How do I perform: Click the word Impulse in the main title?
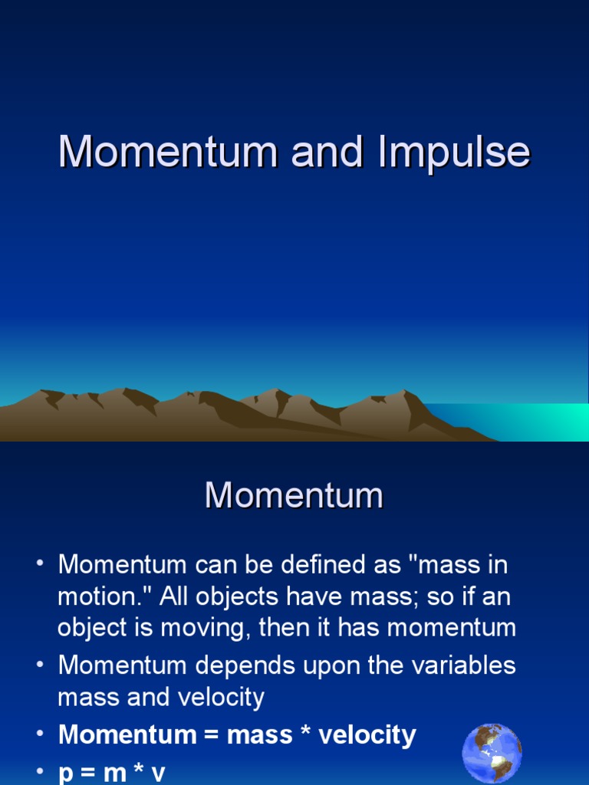[453, 153]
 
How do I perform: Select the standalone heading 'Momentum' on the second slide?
[294, 495]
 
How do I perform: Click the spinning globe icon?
[492, 753]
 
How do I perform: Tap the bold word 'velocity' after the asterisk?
[367, 735]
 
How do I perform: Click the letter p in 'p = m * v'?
[66, 773]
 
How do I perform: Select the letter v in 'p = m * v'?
[158, 773]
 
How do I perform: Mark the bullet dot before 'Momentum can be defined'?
[39, 565]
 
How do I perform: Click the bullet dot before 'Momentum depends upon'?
[39, 665]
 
